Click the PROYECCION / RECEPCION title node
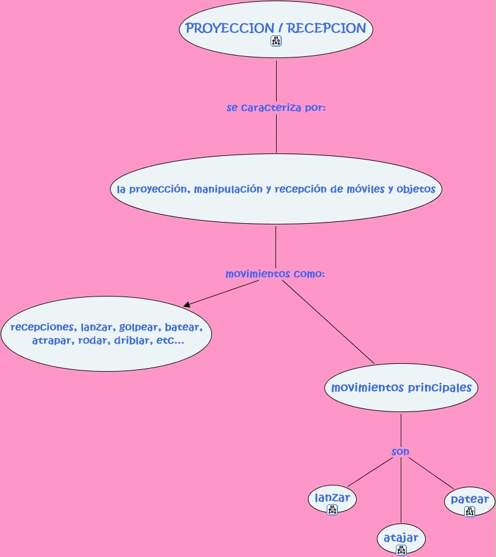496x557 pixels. [x=275, y=29]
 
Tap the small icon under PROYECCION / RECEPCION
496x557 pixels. [x=276, y=41]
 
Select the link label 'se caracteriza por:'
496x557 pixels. [x=276, y=108]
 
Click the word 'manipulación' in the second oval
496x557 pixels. [x=228, y=189]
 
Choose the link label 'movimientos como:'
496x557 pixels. [x=275, y=274]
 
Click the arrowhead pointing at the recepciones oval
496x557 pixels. [x=188, y=304]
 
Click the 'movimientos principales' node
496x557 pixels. [x=401, y=388]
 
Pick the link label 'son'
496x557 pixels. [x=400, y=452]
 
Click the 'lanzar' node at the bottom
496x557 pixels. [x=332, y=498]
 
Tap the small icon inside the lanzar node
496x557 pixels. [x=332, y=509]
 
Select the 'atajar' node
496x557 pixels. [x=401, y=538]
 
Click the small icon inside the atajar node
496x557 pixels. [x=401, y=550]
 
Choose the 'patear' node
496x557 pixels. [x=469, y=500]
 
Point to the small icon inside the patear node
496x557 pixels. [x=469, y=511]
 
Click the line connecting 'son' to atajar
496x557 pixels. [x=401, y=489]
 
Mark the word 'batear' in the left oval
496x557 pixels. [x=183, y=327]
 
